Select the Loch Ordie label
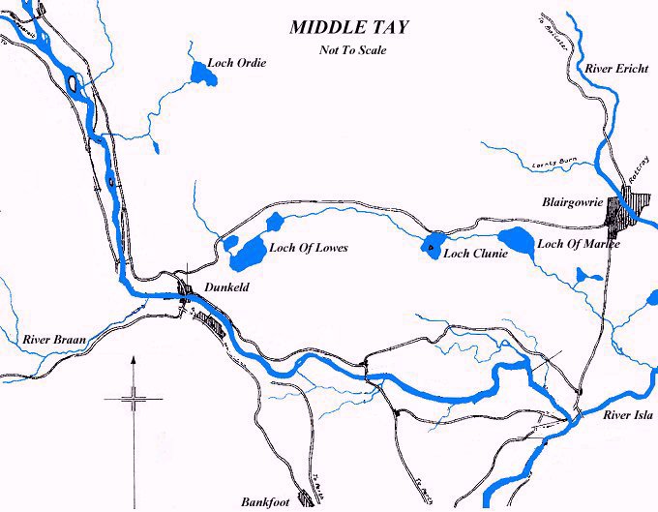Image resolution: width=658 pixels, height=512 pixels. tap(236, 63)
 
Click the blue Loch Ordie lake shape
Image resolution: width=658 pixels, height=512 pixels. tap(201, 73)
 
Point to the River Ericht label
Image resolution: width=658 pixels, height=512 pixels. tap(616, 69)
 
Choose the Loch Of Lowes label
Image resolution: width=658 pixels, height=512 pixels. tap(308, 248)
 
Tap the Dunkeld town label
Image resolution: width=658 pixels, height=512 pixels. tap(228, 287)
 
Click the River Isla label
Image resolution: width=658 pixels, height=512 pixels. tap(628, 416)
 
